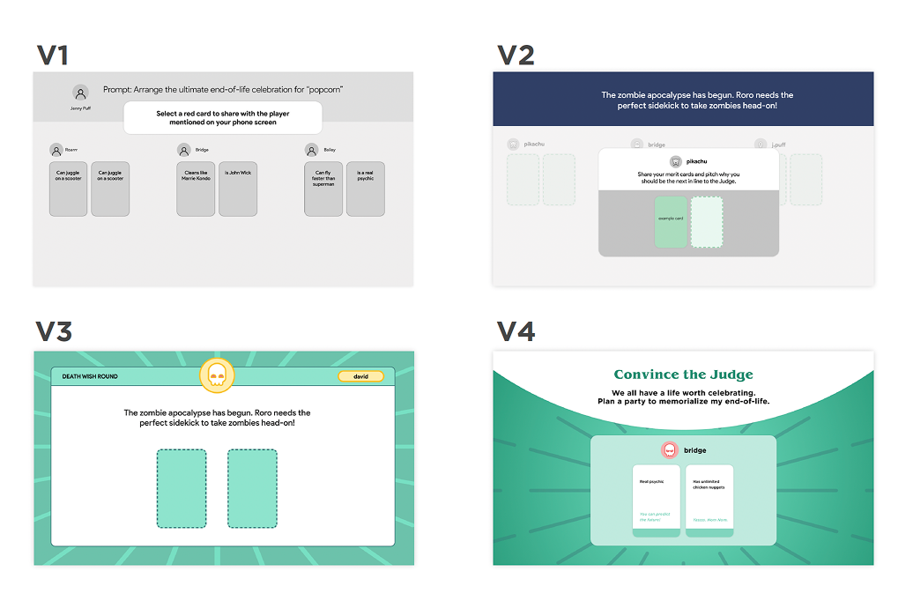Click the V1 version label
point(53,55)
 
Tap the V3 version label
point(54,332)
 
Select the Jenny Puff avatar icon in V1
point(80,93)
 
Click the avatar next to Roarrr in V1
point(56,150)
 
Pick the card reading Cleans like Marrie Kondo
point(196,189)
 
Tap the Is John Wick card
point(238,189)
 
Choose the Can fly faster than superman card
point(323,189)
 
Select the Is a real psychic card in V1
point(366,189)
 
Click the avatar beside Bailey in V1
point(311,150)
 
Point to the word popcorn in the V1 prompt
point(324,89)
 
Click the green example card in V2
point(671,222)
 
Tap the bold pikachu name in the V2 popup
point(696,161)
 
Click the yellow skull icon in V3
point(217,376)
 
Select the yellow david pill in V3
point(360,376)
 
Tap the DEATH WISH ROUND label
point(90,376)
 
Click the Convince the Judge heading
point(683,375)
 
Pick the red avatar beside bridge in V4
point(669,450)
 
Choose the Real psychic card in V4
point(657,500)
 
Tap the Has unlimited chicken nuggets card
point(709,500)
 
